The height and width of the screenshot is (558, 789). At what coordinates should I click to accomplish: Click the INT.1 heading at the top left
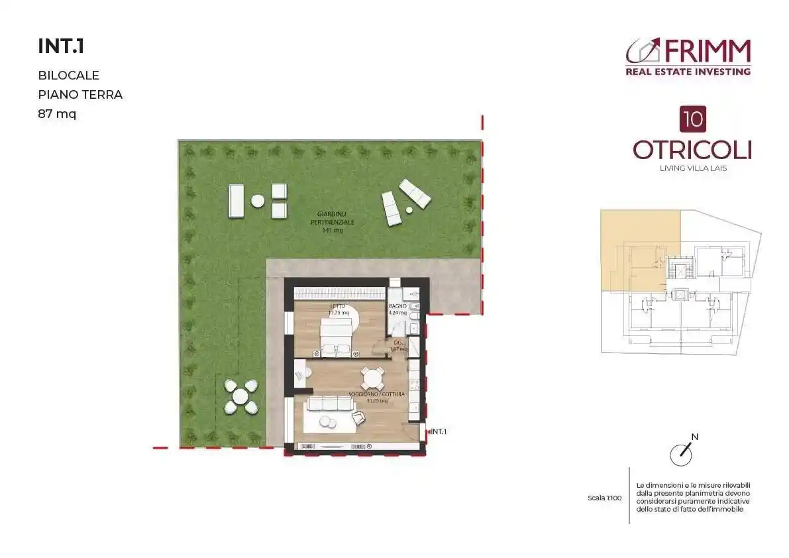click(x=62, y=46)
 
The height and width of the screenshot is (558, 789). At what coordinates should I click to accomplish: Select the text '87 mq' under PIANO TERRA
click(x=57, y=114)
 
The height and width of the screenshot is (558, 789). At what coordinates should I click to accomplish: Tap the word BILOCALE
click(x=69, y=76)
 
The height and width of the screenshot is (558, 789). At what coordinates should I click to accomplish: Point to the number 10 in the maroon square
click(x=692, y=120)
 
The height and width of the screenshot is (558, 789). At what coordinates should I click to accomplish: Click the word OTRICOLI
click(x=692, y=150)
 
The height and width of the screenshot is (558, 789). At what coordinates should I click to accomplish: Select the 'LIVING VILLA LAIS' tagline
click(x=693, y=168)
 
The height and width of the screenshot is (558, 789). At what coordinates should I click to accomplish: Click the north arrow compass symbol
click(x=682, y=453)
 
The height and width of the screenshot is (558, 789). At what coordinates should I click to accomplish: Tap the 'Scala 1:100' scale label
click(x=604, y=498)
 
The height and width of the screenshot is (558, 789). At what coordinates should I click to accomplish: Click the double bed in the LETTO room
click(x=339, y=336)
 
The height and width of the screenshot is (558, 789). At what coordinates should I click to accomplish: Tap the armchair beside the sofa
click(x=358, y=418)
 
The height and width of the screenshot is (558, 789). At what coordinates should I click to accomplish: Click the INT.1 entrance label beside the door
click(x=439, y=431)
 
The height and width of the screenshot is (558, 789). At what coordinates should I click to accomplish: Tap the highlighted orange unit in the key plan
click(x=639, y=249)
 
